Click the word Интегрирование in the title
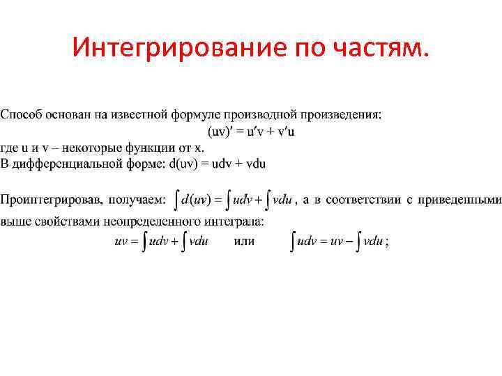[167, 49]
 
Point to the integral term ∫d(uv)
[191, 201]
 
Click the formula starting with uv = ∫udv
[162, 242]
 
